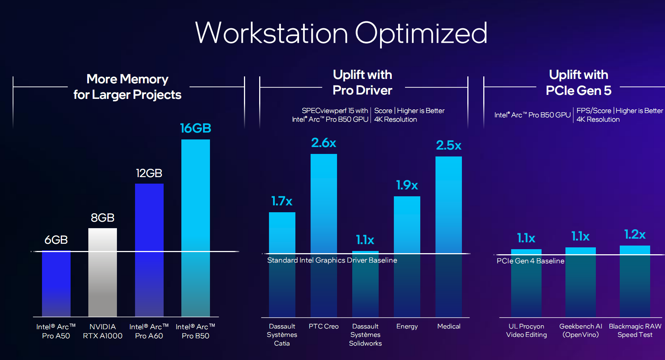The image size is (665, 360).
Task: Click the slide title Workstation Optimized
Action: [x=341, y=33]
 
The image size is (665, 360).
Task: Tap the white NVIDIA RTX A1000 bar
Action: [x=102, y=272]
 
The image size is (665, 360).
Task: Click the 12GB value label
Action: [x=149, y=173]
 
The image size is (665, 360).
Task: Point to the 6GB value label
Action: [x=56, y=240]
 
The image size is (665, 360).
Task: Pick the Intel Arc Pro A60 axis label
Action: [x=149, y=331]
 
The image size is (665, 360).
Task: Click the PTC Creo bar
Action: [x=324, y=235]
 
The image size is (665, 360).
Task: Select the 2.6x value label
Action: [x=324, y=143]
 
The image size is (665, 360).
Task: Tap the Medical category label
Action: [x=449, y=326]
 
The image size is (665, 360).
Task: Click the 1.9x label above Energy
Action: [x=407, y=185]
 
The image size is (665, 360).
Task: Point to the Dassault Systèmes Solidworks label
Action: [x=365, y=335]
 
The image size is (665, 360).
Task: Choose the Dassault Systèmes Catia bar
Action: [x=282, y=264]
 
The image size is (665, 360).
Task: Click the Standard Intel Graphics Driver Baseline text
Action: [x=332, y=260]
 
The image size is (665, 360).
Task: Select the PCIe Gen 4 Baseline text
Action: [x=530, y=261]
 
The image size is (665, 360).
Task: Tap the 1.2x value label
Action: [x=635, y=234]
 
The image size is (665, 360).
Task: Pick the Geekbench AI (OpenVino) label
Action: [x=580, y=330]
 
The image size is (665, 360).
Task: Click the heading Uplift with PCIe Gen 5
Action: [x=578, y=83]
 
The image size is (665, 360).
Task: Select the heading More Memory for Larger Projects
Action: [x=127, y=87]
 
